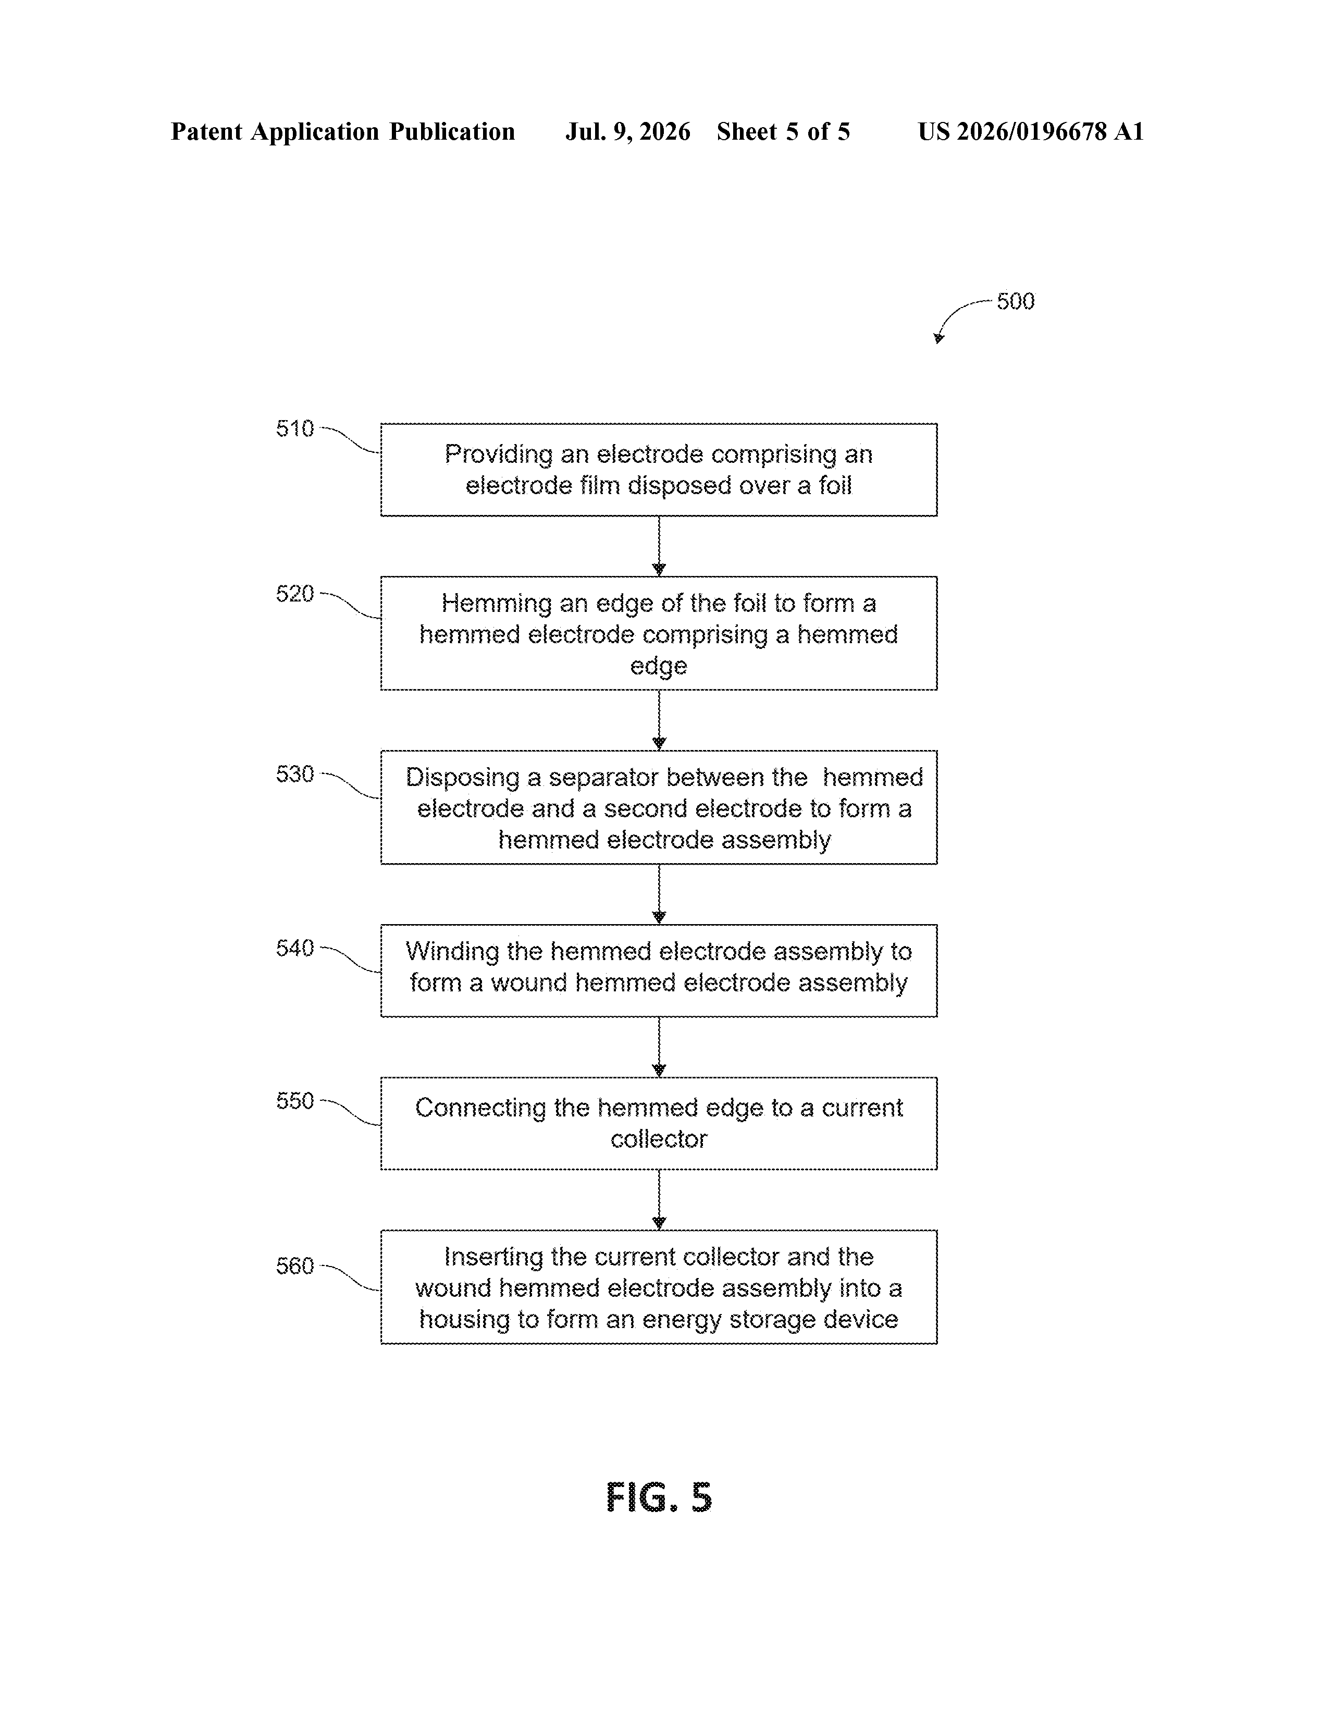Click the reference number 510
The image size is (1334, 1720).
point(294,428)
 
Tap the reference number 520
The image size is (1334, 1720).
point(294,594)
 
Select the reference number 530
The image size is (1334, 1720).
point(294,774)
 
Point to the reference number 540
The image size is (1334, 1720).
point(294,948)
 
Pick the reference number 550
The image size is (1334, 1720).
point(294,1101)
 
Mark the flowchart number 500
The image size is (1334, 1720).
point(1016,302)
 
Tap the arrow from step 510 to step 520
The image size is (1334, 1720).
point(659,547)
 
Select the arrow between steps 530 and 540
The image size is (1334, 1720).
point(659,894)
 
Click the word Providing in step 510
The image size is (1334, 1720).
point(499,455)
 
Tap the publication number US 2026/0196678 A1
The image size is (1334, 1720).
point(1031,131)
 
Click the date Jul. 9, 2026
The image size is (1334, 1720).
point(627,131)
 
